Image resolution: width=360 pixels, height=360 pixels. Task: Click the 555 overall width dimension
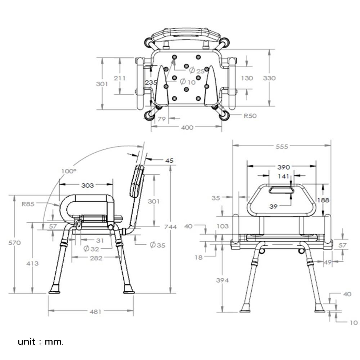coord(282,147)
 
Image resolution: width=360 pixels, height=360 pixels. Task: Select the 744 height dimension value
coord(170,227)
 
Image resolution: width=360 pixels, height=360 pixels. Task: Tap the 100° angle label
coord(69,171)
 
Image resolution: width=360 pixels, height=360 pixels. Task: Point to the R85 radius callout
coord(28,204)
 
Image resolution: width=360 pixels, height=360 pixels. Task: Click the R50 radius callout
coord(250,116)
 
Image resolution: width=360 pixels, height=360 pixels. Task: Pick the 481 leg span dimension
coord(95,311)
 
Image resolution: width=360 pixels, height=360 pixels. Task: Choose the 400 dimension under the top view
coord(187,127)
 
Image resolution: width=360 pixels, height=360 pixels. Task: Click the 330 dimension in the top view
coord(269,78)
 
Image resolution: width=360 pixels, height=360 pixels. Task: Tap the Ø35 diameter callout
coord(158,245)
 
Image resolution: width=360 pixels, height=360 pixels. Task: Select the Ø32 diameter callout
coord(91,249)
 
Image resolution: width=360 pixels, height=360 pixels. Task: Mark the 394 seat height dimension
coord(222,280)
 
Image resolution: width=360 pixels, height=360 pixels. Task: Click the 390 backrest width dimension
coord(284,167)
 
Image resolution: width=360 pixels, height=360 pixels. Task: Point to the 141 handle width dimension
coord(283,176)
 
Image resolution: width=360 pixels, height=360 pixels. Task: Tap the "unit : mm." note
coord(40,342)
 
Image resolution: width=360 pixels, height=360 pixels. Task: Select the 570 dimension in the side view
coord(14,243)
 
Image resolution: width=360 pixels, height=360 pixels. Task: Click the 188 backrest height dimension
coord(323,200)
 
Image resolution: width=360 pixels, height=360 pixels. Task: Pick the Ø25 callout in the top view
coord(197,70)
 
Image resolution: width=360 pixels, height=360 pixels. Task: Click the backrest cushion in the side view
coord(137,181)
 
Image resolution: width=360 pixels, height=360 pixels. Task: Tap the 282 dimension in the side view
coord(96,258)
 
